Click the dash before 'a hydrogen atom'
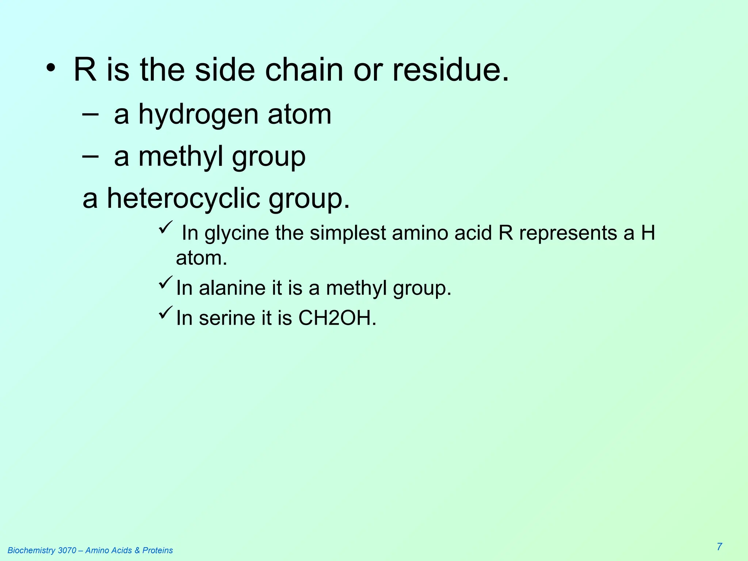(90, 114)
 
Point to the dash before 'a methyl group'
(90, 156)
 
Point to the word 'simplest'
(348, 233)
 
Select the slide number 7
(719, 547)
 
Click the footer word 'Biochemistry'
(32, 550)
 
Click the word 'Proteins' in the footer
(157, 550)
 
